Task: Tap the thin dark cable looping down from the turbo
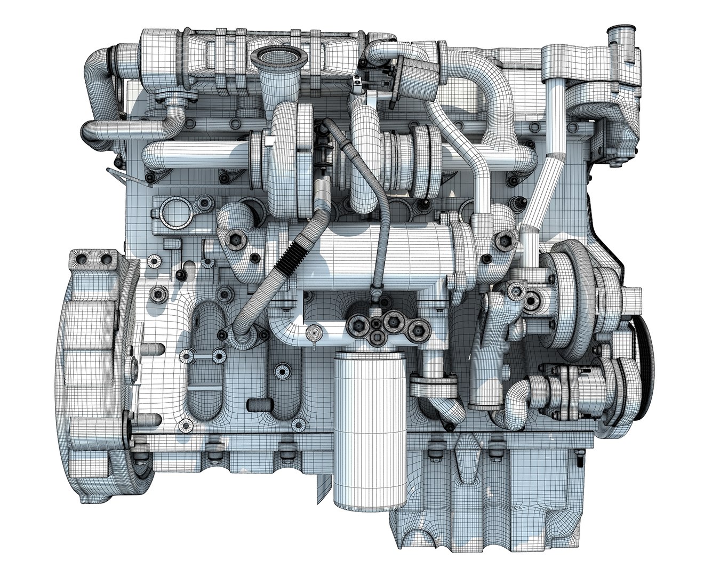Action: (373, 213)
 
